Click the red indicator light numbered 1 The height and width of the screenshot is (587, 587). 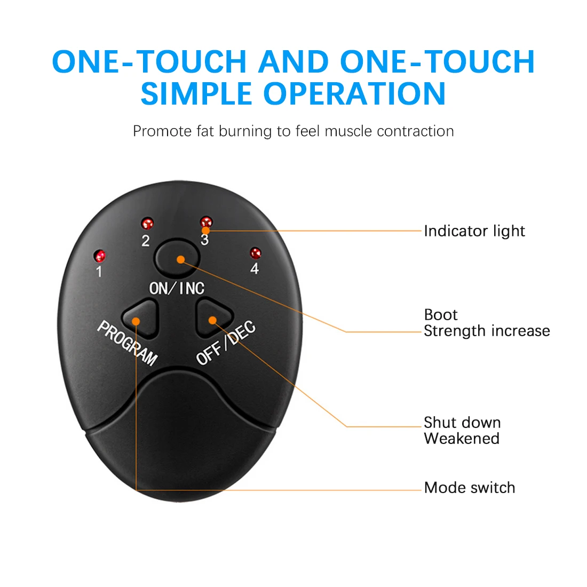click(100, 255)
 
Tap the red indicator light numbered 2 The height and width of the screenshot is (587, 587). click(147, 223)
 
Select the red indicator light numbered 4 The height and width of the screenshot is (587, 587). click(256, 253)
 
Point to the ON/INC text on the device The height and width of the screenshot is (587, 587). click(177, 288)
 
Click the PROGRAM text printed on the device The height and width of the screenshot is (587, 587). click(127, 343)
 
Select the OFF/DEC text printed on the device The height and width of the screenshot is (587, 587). click(226, 344)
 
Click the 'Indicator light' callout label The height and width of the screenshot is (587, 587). click(474, 231)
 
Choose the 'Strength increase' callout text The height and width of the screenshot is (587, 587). click(487, 331)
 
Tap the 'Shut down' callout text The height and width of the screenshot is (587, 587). click(462, 423)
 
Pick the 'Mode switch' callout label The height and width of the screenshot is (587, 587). click(470, 488)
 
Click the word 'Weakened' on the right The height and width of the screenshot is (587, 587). click(462, 439)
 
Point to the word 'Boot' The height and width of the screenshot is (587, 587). click(441, 315)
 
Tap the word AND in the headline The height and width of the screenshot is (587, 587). click(293, 61)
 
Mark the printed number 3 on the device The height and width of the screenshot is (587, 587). click(204, 240)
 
